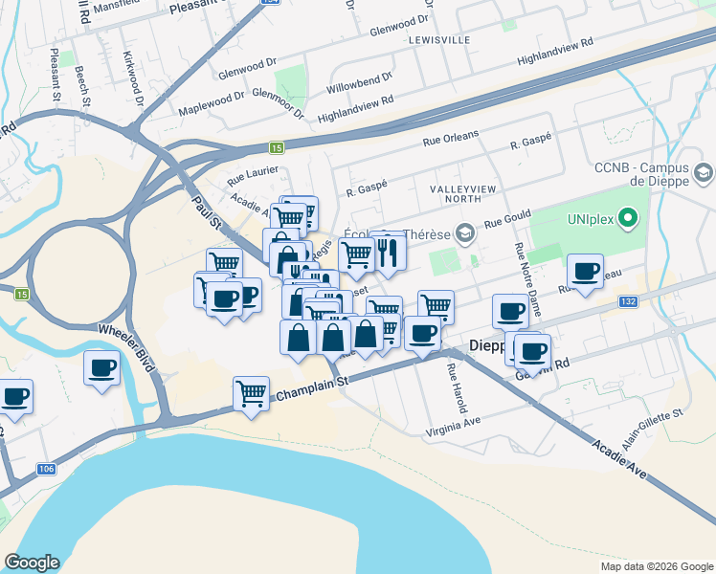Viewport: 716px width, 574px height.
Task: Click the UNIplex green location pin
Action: tap(628, 220)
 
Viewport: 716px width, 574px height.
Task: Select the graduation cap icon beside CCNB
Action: tap(705, 174)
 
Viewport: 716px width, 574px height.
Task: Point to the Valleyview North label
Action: tap(463, 189)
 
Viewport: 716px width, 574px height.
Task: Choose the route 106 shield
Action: tap(46, 469)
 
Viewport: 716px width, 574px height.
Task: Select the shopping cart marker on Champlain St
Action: tap(250, 393)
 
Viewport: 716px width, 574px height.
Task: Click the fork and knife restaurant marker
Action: tap(389, 252)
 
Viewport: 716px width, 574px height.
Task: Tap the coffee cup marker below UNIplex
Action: tap(584, 271)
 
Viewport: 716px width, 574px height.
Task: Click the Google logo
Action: tap(32, 563)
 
